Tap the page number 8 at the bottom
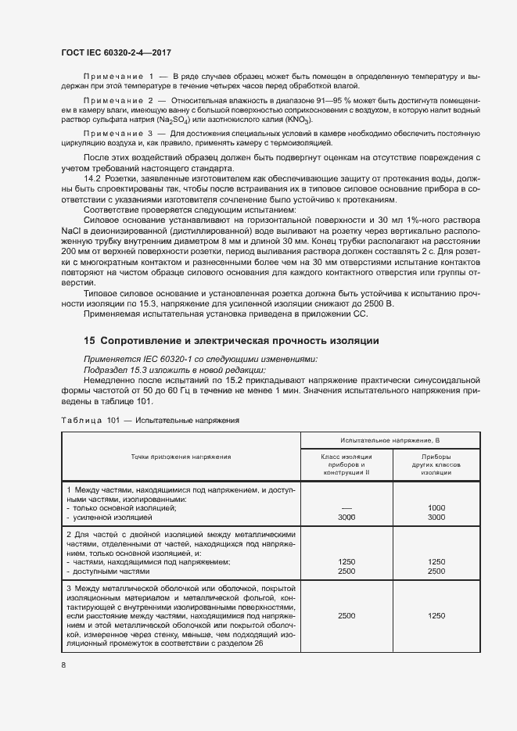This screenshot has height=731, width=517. click(63, 665)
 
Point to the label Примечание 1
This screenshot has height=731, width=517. click(118, 75)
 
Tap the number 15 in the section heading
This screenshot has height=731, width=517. click(89, 341)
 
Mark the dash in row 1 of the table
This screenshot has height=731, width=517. click(346, 507)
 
